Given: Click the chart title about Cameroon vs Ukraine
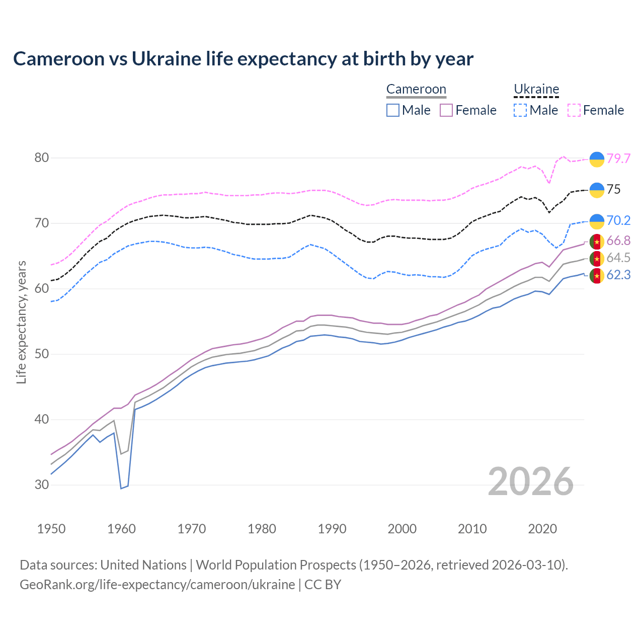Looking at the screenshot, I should coord(243,59).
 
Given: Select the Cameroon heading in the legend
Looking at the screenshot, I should coord(416,90).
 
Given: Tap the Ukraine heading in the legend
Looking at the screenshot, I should coord(536,90).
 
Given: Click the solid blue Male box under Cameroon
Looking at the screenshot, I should coord(393,110).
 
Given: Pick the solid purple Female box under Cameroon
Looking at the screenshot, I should coord(446,110).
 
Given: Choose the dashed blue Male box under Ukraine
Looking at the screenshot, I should coord(520,110).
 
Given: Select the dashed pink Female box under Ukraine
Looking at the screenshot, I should coord(574,110).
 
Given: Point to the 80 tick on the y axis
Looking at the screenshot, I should coord(42,158).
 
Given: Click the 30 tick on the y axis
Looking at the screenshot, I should coord(42,485).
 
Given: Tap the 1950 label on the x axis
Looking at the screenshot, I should coord(51,529).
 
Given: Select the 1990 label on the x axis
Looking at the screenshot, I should coord(332,529).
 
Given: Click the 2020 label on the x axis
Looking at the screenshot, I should coord(542,529).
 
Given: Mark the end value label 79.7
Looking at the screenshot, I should coord(618,158).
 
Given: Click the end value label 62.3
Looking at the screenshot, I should coord(618,275).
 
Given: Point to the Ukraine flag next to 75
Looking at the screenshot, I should coord(597,190).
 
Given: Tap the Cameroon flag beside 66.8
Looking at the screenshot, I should coord(597,242).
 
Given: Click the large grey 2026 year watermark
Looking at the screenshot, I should coord(531,481).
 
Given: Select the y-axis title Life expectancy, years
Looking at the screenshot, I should coord(22,322).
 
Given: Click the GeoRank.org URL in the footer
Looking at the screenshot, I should coord(157,585).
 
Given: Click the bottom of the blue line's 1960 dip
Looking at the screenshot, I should coord(121,488).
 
